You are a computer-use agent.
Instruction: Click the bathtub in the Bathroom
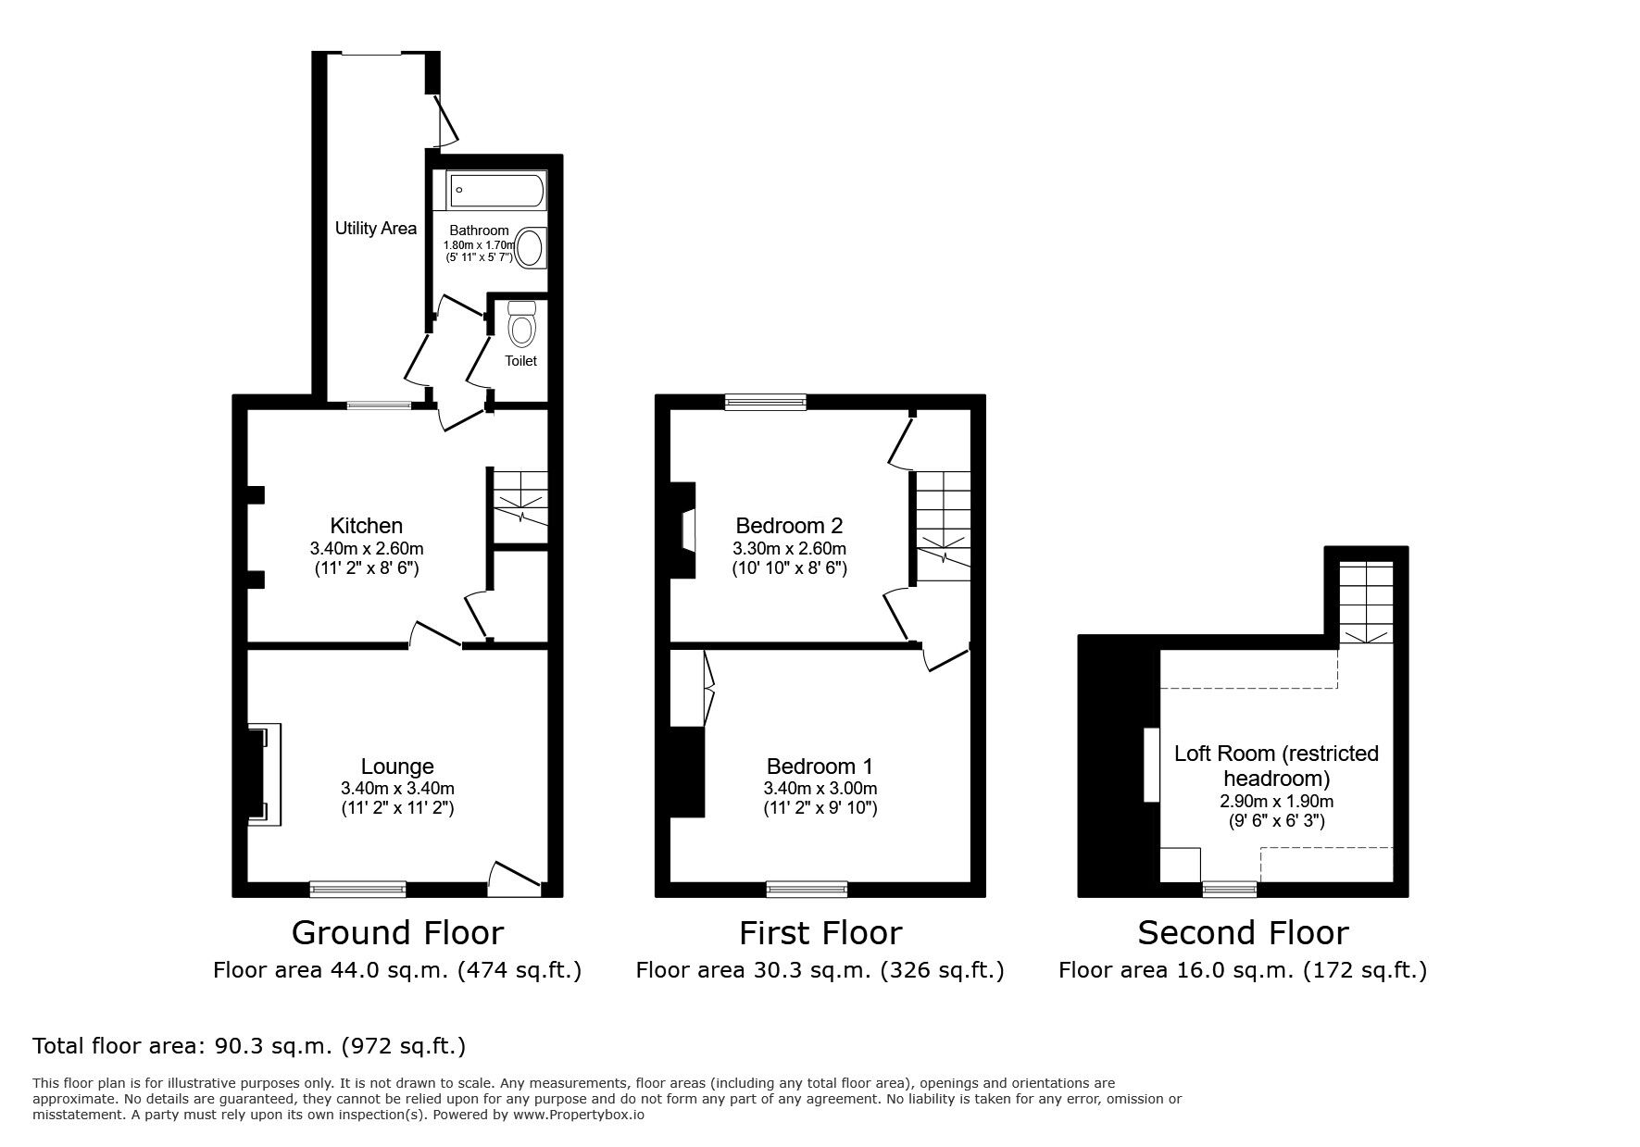point(496,192)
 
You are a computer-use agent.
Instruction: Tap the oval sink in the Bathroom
point(531,248)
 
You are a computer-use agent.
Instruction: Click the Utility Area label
point(375,228)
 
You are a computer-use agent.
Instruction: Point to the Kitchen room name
point(367,526)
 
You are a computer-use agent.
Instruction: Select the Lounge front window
point(357,890)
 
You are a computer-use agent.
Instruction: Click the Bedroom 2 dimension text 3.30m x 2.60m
point(789,548)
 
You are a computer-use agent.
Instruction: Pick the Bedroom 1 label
point(820,767)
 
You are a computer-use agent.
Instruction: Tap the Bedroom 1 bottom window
point(807,890)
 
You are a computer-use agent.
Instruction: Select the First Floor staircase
point(943,524)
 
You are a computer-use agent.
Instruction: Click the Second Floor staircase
point(1367,602)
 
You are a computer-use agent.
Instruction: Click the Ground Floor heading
point(397,931)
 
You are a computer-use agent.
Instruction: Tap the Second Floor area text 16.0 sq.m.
point(1243,970)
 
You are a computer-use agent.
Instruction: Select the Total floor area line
point(249,1046)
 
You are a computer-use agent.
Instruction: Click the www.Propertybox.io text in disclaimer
point(578,1115)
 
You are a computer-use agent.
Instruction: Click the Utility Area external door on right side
point(446,121)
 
